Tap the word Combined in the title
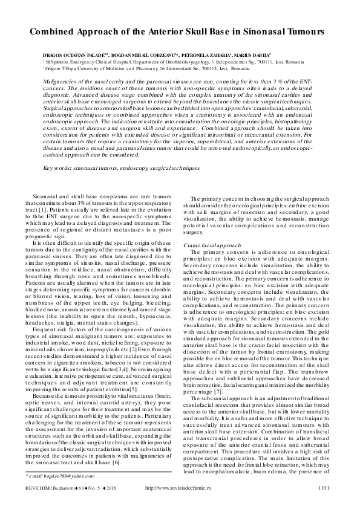click(55, 30)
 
